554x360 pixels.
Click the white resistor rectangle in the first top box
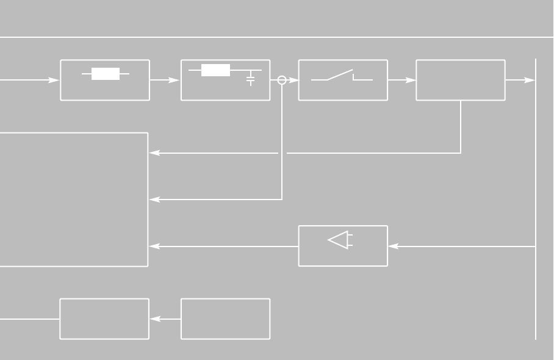pyautogui.click(x=105, y=74)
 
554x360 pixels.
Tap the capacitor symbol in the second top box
pyautogui.click(x=251, y=79)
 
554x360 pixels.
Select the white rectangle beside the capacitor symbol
pyautogui.click(x=215, y=70)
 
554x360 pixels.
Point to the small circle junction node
pyautogui.click(x=282, y=80)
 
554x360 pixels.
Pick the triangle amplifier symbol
pyautogui.click(x=339, y=240)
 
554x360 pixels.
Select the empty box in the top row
pyautogui.click(x=461, y=80)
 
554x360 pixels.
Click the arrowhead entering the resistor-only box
pyautogui.click(x=54, y=80)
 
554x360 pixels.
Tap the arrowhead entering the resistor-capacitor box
pyautogui.click(x=175, y=80)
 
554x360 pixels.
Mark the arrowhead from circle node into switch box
pyautogui.click(x=293, y=80)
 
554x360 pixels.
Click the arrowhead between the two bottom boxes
pyautogui.click(x=155, y=319)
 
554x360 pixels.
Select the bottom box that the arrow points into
pyautogui.click(x=104, y=319)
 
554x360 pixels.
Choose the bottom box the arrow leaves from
pyautogui.click(x=226, y=319)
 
